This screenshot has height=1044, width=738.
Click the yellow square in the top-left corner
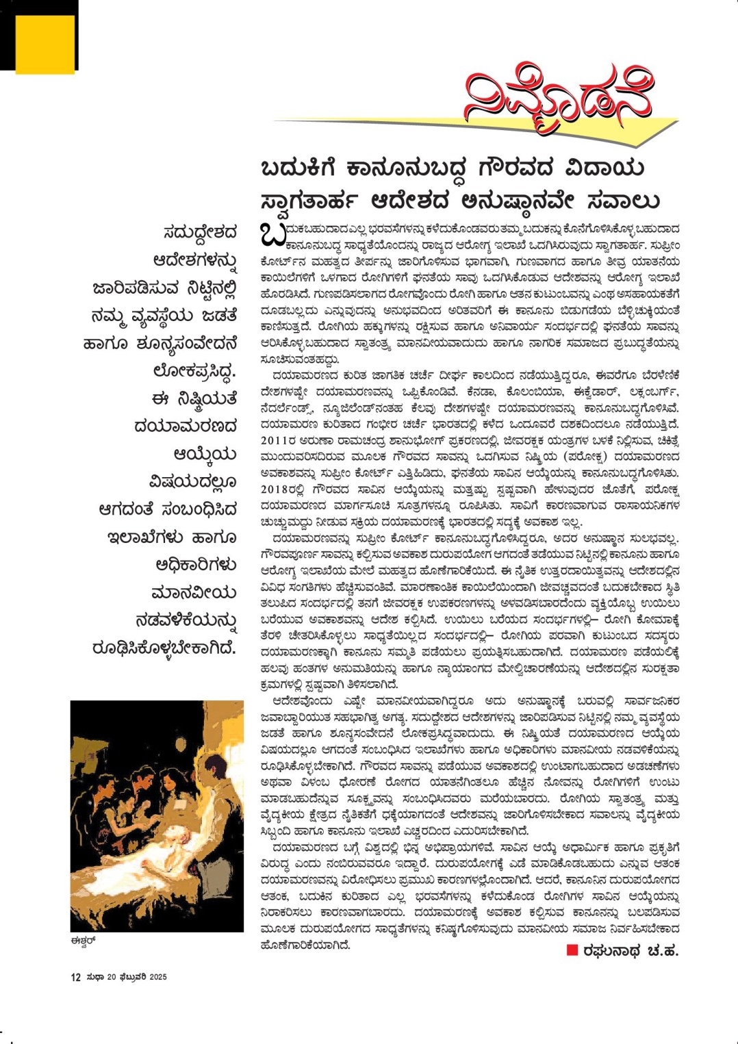point(44,44)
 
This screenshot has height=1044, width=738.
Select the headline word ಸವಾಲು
point(623,201)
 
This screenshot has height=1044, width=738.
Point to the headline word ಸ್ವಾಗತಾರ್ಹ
point(308,201)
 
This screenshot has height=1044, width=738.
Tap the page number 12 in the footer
point(75,977)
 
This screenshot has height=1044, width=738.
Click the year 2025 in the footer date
point(158,977)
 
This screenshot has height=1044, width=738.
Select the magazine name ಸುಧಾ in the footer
point(95,977)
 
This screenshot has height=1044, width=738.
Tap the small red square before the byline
point(572,950)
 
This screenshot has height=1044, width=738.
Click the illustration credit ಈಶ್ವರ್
point(82,940)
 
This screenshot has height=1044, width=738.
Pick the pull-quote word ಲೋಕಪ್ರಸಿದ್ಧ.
point(194,371)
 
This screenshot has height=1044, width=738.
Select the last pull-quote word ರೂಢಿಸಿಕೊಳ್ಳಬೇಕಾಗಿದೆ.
point(164,648)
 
